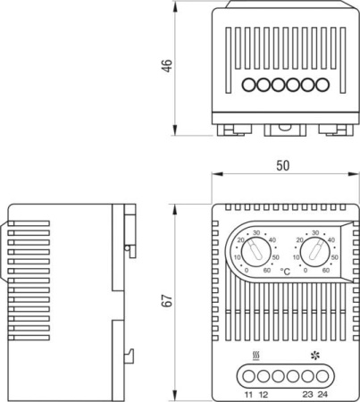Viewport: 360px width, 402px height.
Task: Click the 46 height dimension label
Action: pyautogui.click(x=167, y=68)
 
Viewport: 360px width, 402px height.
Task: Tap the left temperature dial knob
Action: pyautogui.click(x=256, y=255)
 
